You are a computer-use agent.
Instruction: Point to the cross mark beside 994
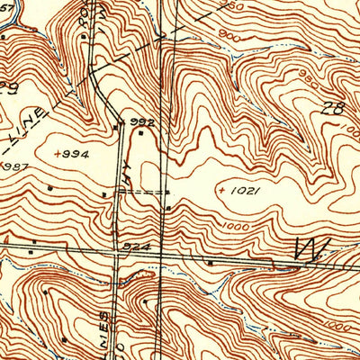click(x=57, y=154)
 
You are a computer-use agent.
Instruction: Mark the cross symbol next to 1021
click(x=221, y=191)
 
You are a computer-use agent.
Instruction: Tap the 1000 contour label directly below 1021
click(x=238, y=227)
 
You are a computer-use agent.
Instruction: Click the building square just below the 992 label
click(x=140, y=134)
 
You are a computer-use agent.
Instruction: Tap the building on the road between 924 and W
click(x=211, y=262)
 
